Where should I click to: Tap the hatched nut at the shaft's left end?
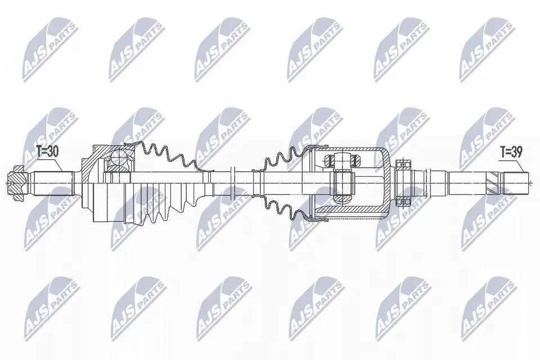pyautogui.click(x=15, y=181)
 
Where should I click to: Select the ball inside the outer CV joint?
pyautogui.click(x=119, y=157)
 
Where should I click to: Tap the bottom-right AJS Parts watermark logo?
pyautogui.click(x=487, y=307)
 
